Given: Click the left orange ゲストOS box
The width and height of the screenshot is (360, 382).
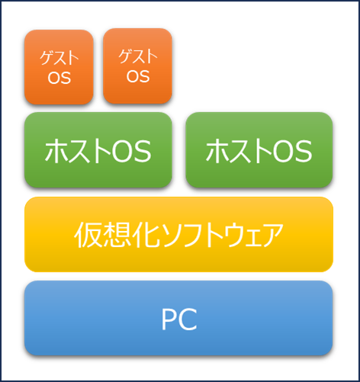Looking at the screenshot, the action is (59, 67).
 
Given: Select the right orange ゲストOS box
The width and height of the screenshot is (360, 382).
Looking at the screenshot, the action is (137, 66).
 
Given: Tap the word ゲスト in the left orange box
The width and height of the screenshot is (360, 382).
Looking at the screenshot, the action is (59, 58).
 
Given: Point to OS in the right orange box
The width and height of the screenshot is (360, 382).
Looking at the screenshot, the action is (138, 76).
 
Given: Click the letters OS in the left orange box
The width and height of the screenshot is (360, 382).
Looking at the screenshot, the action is (59, 78).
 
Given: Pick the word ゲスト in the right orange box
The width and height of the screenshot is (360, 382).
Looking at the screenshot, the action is (138, 56).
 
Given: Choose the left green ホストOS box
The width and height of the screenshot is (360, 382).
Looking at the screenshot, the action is (98, 150).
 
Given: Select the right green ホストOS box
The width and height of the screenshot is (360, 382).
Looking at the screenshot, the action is (259, 150).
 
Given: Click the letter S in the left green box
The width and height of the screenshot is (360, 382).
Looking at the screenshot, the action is (142, 152).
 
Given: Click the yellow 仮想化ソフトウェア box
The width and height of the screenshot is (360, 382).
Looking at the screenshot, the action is (178, 234).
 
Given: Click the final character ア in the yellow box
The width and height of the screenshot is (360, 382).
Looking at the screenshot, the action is (272, 236).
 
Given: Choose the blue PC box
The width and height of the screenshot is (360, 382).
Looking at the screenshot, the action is (178, 318).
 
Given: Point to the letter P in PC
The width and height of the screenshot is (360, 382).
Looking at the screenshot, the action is (169, 319).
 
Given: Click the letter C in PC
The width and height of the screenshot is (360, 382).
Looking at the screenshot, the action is (188, 319).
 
